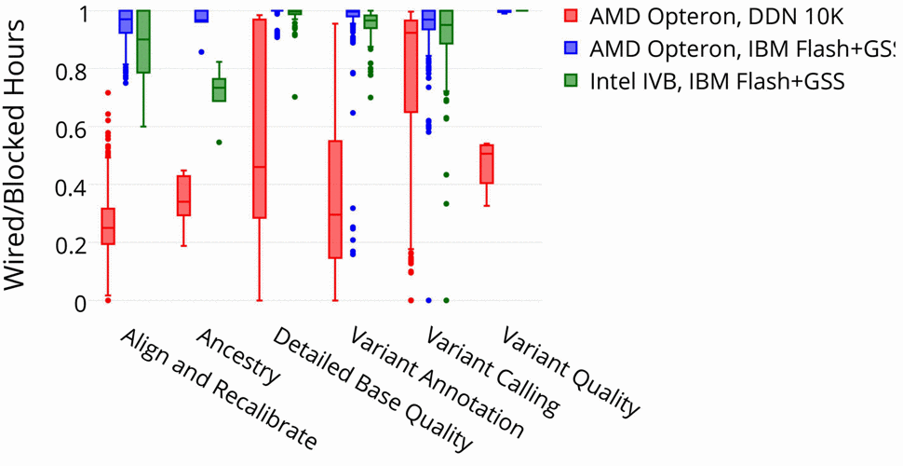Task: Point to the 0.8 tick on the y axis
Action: pyautogui.click(x=71, y=70)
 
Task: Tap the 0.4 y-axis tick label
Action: pyautogui.click(x=71, y=186)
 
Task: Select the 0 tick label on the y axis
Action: pyautogui.click(x=80, y=302)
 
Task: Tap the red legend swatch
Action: pyautogui.click(x=572, y=17)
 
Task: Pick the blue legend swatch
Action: pyautogui.click(x=572, y=48)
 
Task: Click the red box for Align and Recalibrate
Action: pyautogui.click(x=108, y=226)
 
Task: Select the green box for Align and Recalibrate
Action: pyautogui.click(x=143, y=42)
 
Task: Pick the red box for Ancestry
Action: pyautogui.click(x=184, y=196)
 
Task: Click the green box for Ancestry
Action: pyautogui.click(x=219, y=89)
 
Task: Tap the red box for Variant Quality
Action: pyautogui.click(x=486, y=164)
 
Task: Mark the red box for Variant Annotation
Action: pyautogui.click(x=335, y=199)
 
